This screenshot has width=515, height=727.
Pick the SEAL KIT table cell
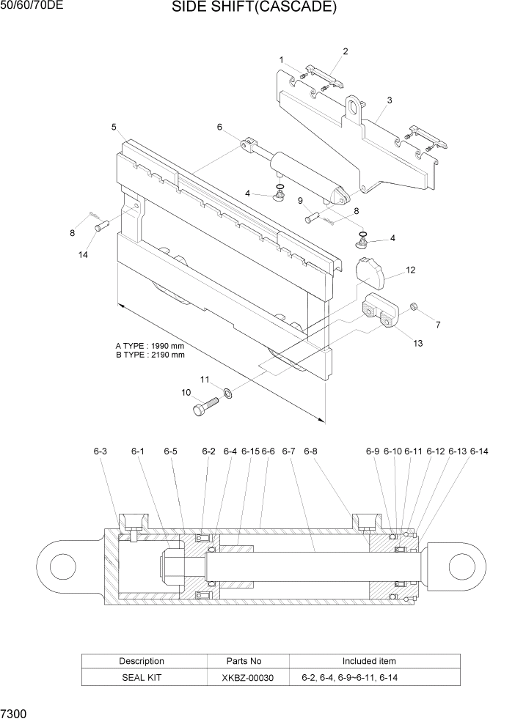[142, 678]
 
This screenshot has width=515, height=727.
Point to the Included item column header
[369, 661]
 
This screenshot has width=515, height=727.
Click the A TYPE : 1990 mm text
[150, 345]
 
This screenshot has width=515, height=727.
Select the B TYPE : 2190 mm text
[150, 355]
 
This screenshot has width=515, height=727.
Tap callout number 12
[410, 270]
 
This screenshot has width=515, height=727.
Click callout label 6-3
[101, 451]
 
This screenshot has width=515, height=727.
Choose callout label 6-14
[479, 451]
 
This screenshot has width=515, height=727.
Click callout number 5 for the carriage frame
[114, 127]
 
